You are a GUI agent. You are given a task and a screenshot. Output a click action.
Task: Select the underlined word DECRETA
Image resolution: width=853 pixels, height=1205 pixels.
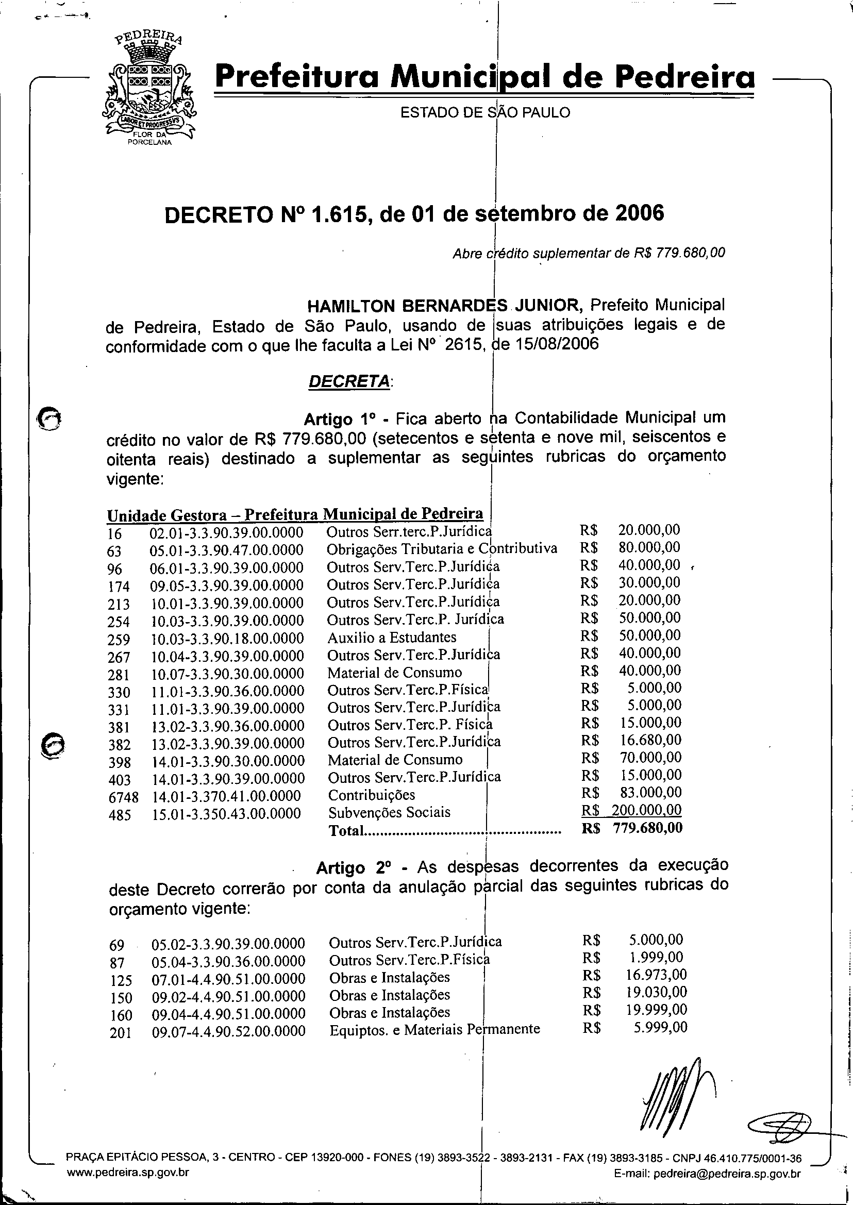[x=349, y=381]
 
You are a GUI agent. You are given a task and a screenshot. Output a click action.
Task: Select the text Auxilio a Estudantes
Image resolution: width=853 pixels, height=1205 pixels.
[x=392, y=638]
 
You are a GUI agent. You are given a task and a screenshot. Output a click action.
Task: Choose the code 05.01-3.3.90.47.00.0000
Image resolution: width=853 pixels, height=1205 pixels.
[x=226, y=550]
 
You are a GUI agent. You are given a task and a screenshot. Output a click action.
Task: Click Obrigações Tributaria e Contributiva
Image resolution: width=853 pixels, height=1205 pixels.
[x=442, y=549]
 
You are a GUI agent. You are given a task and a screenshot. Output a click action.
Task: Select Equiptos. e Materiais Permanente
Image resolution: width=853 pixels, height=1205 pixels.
[x=434, y=1029]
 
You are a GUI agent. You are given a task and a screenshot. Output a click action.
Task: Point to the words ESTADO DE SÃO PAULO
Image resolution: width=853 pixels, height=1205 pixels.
[x=485, y=112]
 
